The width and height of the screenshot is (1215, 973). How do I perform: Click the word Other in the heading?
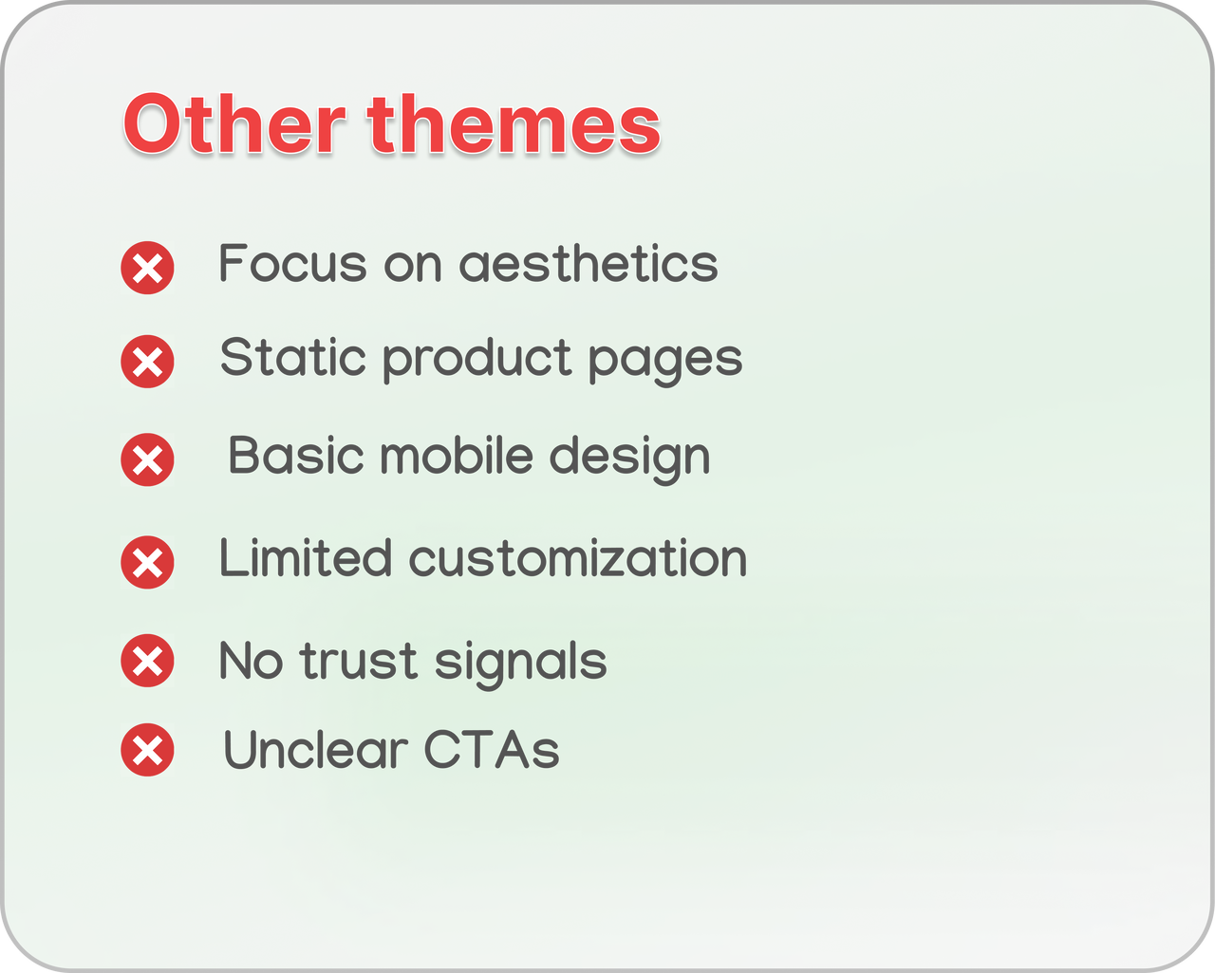pos(234,123)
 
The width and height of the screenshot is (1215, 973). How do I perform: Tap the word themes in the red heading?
pos(514,123)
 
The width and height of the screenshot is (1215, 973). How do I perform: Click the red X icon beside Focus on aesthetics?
pos(147,268)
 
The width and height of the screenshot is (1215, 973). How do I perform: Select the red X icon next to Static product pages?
pos(147,362)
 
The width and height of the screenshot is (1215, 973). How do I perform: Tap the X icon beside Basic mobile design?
pos(147,459)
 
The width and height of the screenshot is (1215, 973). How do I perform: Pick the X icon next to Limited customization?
pos(147,563)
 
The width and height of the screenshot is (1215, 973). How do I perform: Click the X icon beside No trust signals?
pos(147,661)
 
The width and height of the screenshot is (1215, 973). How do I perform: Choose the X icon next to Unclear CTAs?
pos(147,750)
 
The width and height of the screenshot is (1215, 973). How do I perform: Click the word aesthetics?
pos(589,263)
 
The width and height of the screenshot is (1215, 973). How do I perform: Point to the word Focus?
pos(293,263)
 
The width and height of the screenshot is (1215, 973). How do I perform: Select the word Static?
pos(293,357)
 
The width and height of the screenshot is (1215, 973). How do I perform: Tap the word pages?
pos(665,362)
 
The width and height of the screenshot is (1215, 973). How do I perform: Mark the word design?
pos(630,459)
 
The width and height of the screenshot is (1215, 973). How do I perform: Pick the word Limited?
pos(306,558)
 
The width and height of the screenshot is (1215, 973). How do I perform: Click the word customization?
pos(578,559)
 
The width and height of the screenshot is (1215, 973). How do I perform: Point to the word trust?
pos(359,661)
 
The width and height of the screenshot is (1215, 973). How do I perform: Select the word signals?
pos(520,664)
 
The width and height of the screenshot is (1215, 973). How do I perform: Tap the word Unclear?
pos(315,749)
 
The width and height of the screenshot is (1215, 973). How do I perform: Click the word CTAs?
pos(492,749)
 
